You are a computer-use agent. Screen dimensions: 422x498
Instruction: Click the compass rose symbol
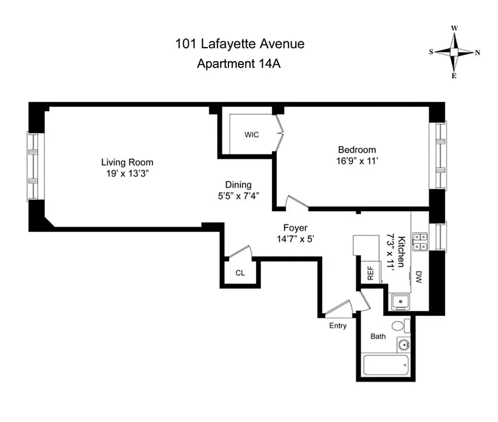454,52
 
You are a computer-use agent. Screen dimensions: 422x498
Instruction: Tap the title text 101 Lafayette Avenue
240,44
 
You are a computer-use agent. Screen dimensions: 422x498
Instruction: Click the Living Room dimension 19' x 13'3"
127,173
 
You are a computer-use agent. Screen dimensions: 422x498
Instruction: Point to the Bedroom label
357,149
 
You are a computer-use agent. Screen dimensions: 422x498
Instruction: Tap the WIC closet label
252,135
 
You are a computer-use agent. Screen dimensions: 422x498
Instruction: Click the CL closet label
240,273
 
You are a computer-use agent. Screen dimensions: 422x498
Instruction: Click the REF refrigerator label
370,273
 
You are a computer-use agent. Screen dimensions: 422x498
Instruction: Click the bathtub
386,365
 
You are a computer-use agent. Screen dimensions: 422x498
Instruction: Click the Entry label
338,325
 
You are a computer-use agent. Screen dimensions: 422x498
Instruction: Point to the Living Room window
33,166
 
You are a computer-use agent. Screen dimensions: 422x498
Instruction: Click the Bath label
378,336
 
